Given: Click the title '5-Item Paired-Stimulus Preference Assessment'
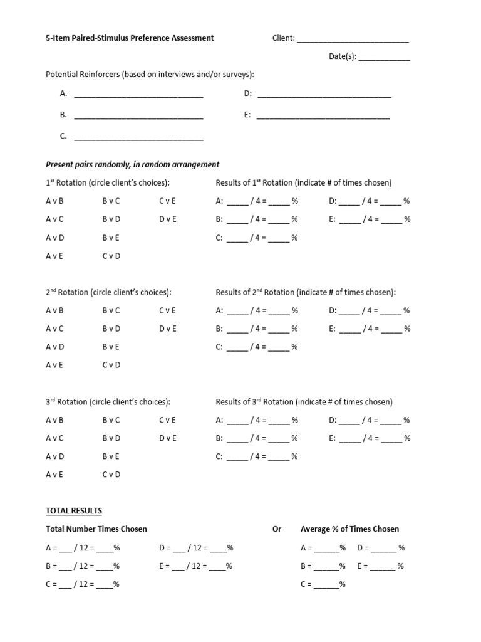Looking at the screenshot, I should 130,38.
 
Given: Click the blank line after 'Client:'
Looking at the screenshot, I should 353,39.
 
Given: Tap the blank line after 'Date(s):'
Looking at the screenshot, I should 385,58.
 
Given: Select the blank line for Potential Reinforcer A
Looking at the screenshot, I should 138,95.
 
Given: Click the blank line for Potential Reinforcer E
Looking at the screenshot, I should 323,116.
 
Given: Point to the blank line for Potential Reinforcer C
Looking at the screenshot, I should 138,137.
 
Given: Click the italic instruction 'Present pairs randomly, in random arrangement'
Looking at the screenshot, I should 133,164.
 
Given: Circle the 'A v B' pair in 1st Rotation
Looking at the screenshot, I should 55,201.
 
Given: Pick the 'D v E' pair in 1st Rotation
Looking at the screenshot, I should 168,219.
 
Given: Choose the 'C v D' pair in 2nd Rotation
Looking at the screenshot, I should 111,365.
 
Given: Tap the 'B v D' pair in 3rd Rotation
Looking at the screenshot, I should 111,438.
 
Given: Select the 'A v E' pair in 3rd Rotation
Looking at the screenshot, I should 55,475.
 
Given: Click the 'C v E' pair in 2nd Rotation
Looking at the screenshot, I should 168,310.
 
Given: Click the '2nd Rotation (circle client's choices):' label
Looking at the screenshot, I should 108,292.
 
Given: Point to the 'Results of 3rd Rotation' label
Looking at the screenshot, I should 304,402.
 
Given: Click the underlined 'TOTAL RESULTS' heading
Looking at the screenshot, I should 74,511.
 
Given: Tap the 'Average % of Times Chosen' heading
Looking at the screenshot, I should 349,529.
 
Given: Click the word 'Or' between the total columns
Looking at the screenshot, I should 277,529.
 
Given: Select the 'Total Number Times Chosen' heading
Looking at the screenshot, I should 96,529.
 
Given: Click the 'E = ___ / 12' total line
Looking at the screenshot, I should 196,566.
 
